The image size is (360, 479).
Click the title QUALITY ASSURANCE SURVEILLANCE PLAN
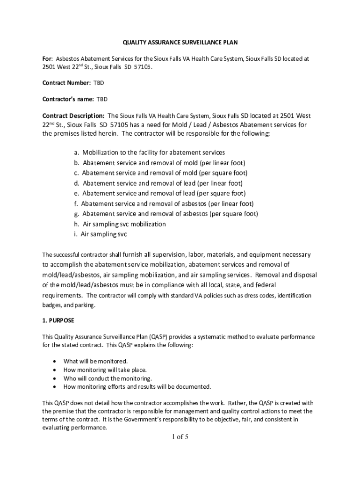(180, 43)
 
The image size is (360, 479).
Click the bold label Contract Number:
(66, 83)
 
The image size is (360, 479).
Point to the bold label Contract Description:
(73, 116)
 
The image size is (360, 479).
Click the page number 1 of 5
(180, 437)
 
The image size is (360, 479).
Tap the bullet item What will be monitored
(95, 361)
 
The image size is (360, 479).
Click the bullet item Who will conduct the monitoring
(108, 378)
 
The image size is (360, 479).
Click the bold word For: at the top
(47, 59)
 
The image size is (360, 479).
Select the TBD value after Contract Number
(99, 83)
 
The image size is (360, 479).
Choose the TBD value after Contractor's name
(101, 99)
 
